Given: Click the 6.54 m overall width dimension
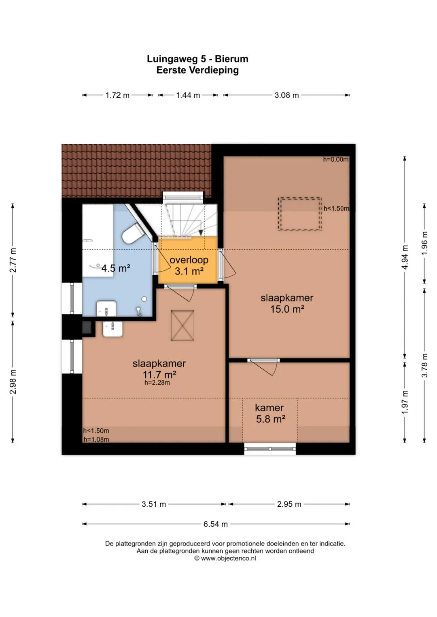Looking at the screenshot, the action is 215,524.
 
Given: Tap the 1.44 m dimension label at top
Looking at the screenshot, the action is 188,95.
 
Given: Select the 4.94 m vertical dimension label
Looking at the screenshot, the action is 405,257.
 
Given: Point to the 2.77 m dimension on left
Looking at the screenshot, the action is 13,260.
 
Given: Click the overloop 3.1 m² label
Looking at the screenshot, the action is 189,265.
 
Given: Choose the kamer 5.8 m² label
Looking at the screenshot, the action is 270,413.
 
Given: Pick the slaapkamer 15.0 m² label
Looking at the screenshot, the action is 287,303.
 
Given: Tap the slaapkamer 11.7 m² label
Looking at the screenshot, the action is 159,369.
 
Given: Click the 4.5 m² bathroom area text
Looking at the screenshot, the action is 116,268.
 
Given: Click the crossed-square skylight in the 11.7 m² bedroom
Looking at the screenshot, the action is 182,325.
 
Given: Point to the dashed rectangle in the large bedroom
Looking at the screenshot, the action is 300,214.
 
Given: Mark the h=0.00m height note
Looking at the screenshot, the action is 336,159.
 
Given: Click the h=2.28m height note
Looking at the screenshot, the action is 157,383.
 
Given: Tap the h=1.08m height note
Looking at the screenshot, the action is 96,439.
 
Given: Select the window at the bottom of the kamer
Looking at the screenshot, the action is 270,449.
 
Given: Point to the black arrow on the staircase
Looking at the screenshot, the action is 201,233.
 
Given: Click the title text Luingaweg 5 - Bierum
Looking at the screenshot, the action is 197,59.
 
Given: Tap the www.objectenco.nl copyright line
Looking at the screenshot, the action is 225,558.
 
